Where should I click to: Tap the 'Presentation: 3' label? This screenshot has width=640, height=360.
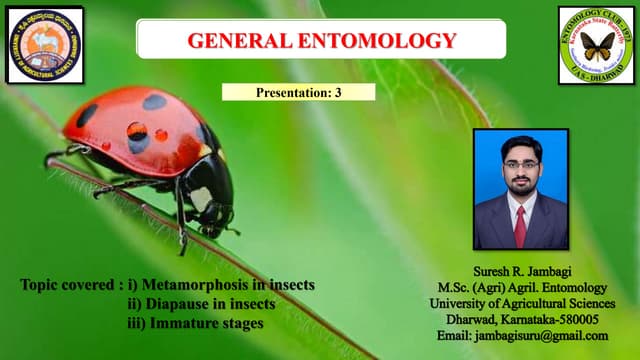(298, 92)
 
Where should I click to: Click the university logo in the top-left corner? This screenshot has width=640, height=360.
(45, 44)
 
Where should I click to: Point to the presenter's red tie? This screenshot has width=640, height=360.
(519, 226)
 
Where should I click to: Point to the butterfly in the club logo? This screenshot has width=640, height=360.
(597, 46)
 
